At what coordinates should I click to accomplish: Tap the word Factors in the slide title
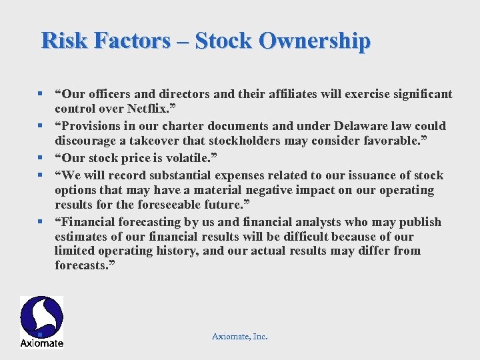[133, 41]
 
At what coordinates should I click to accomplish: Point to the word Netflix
[153, 108]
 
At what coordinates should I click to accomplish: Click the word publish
[417, 222]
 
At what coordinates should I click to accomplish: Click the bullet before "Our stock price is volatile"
[41, 159]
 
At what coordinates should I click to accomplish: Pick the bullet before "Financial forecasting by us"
[41, 222]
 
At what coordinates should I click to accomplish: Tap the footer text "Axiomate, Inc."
[240, 337]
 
